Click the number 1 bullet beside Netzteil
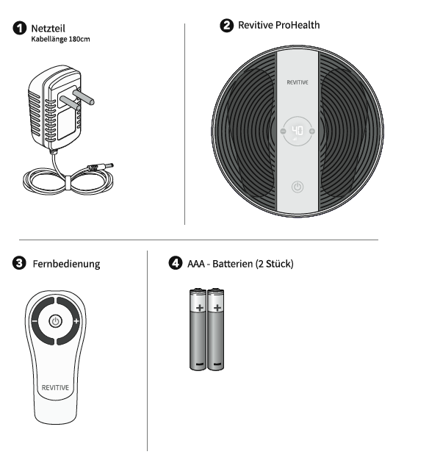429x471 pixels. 20,28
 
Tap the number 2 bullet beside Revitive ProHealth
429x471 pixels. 227,25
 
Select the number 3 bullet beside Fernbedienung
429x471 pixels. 19,263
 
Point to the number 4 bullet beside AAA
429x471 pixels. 176,263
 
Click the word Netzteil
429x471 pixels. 48,28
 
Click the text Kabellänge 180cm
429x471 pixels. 60,40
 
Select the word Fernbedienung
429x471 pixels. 66,264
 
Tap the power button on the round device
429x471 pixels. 298,187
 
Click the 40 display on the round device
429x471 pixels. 298,131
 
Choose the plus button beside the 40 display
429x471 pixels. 312,131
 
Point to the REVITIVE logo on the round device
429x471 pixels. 298,82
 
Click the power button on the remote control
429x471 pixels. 55,321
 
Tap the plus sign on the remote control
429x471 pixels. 76,321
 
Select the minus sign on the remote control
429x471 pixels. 35,321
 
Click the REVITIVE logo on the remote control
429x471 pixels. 55,387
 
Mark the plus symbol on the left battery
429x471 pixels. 200,308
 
